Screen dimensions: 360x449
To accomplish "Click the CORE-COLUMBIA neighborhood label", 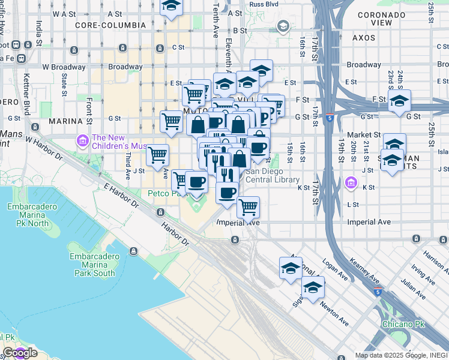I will (x=110, y=25).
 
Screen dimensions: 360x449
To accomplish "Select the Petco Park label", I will (x=168, y=193).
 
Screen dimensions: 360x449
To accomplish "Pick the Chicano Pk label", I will (x=403, y=324).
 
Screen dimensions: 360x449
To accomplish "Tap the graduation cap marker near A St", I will (x=172, y=7).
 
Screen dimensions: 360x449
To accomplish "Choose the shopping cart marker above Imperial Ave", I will (x=248, y=208).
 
